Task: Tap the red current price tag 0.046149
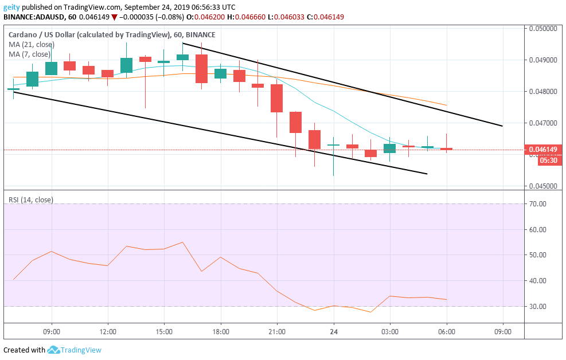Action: click(x=542, y=150)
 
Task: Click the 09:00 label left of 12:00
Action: click(x=52, y=331)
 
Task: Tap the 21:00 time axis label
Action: click(x=277, y=331)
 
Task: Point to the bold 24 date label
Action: click(x=333, y=331)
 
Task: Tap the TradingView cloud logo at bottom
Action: click(x=54, y=350)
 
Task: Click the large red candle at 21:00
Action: click(x=277, y=98)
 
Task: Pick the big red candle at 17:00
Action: click(x=201, y=69)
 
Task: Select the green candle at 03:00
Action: click(x=389, y=148)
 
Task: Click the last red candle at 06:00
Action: click(x=446, y=149)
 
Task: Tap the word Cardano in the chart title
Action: click(x=23, y=34)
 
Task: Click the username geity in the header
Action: click(x=12, y=7)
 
